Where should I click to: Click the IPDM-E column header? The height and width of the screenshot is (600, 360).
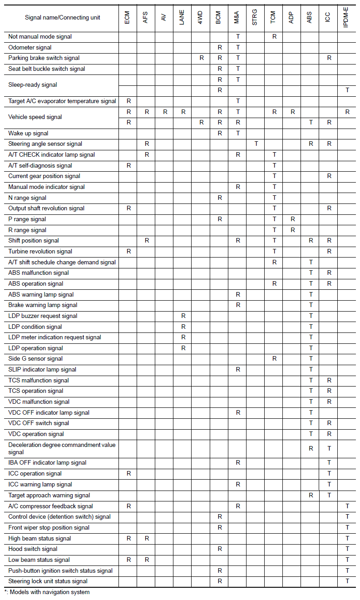tap(347, 18)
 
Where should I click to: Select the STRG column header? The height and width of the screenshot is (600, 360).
tap(255, 18)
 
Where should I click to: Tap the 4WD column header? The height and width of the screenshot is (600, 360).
tap(201, 18)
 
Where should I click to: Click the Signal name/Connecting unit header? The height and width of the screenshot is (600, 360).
tap(63, 18)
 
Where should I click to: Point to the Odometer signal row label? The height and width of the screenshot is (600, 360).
tap(30, 47)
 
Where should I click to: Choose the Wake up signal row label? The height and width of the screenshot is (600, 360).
tap(28, 133)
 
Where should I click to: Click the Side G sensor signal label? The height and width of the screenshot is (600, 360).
tap(35, 359)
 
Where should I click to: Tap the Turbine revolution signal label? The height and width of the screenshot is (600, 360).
tap(40, 251)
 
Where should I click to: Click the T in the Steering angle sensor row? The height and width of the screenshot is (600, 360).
tap(256, 144)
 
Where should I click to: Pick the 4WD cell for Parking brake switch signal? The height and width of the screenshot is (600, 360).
tap(202, 58)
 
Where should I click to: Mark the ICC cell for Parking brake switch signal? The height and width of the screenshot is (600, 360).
tap(329, 58)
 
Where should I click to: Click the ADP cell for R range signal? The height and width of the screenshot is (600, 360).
tap(293, 230)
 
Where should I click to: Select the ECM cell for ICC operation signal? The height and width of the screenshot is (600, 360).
tap(128, 473)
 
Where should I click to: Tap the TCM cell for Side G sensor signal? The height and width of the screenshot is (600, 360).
tap(274, 359)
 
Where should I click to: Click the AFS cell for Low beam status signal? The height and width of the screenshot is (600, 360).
tap(147, 560)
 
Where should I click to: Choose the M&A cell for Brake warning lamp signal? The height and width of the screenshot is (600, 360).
tap(238, 305)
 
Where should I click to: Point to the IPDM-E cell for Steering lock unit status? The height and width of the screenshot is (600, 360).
tap(347, 581)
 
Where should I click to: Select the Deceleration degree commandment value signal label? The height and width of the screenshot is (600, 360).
tap(62, 448)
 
